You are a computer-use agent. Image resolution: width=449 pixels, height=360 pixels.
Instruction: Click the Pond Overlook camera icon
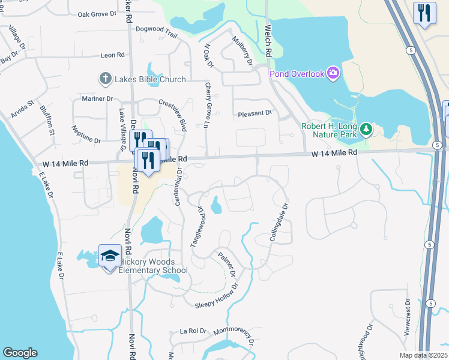click(x=333, y=74)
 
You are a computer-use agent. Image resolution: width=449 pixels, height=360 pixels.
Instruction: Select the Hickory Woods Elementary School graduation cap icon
click(x=109, y=256)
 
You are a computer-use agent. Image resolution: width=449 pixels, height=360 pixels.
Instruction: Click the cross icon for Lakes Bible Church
click(x=105, y=79)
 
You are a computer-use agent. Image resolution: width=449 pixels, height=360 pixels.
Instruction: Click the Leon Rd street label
click(x=113, y=55)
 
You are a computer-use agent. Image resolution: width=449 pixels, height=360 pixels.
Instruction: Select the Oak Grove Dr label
click(x=97, y=13)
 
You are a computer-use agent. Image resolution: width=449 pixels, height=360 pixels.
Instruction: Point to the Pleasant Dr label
click(x=255, y=113)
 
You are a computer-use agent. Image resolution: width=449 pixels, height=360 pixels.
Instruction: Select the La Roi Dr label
click(x=193, y=331)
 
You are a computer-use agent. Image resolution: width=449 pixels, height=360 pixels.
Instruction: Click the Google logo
click(x=20, y=352)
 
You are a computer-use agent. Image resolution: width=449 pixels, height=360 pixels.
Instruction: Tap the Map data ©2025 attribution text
click(x=423, y=355)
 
